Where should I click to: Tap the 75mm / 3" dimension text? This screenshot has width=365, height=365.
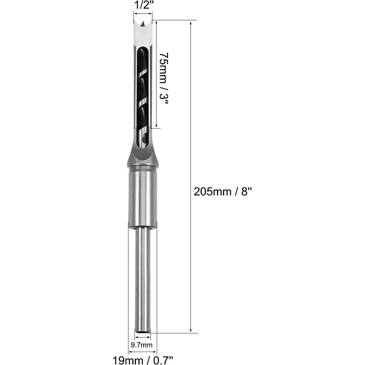(x=164, y=78)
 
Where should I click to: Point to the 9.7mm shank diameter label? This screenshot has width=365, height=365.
(x=142, y=344)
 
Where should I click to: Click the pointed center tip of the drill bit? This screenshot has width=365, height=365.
(x=143, y=24)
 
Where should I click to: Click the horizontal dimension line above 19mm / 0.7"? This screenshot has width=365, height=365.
(x=142, y=351)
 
